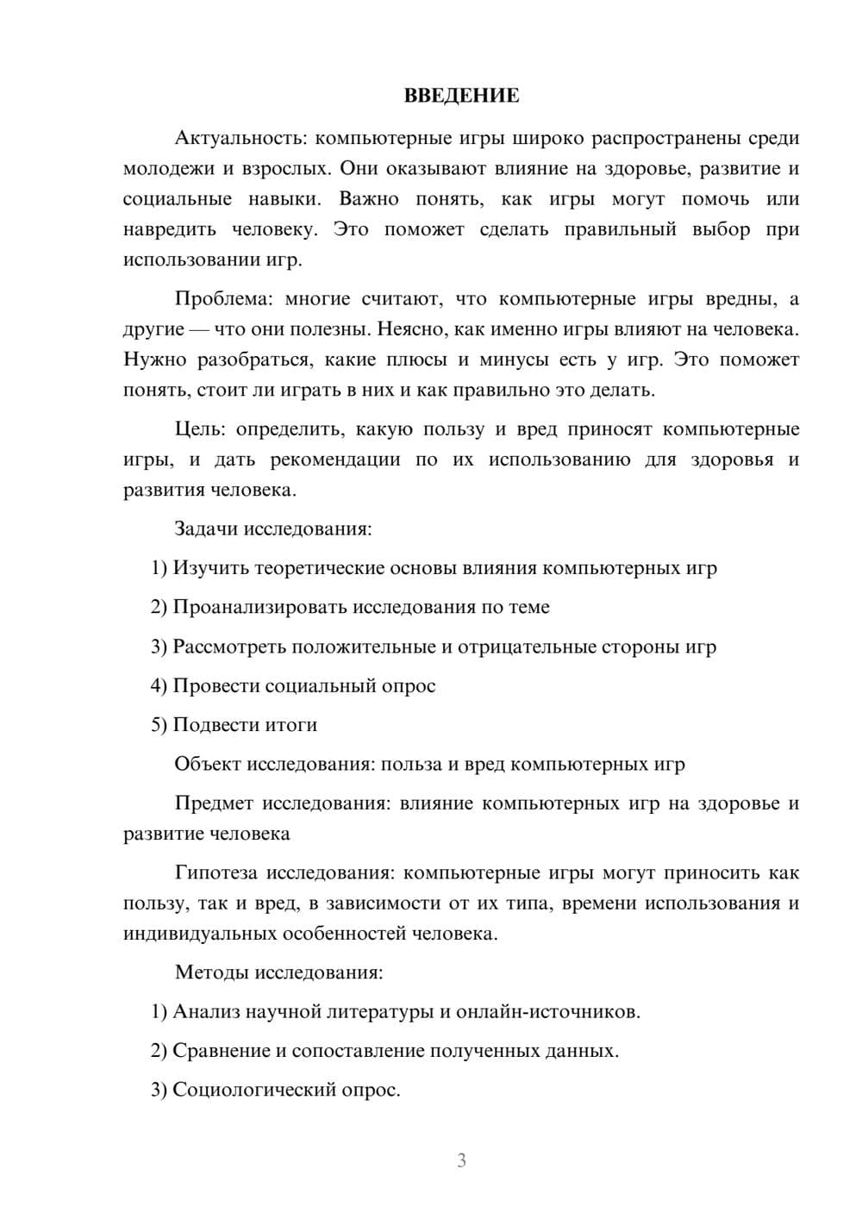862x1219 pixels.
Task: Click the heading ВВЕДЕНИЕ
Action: coord(461,96)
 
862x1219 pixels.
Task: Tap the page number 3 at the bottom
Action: coord(461,1160)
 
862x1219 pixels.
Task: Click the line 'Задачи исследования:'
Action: coord(273,528)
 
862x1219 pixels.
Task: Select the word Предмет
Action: coord(214,803)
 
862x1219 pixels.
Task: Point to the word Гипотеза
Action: coord(215,873)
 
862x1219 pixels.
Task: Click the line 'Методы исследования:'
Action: coord(278,972)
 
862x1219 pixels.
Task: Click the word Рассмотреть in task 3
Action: coord(230,647)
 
